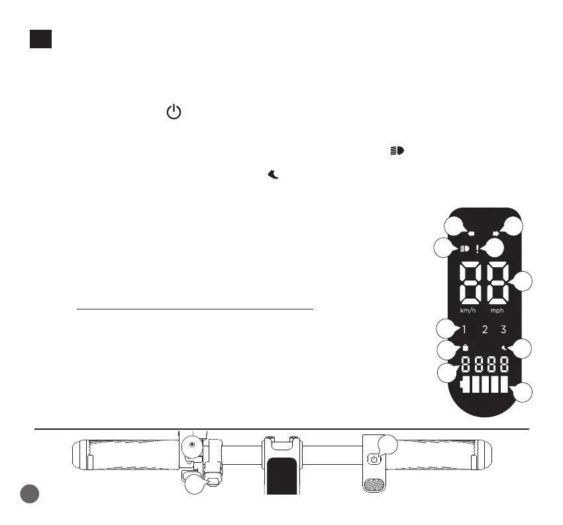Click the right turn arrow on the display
click(496, 233)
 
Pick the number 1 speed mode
click(465, 329)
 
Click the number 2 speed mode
click(485, 329)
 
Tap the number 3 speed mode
click(504, 329)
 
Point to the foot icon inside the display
click(504, 347)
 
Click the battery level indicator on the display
click(486, 385)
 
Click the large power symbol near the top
click(173, 112)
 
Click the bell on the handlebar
click(192, 448)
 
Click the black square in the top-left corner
click(40, 38)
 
